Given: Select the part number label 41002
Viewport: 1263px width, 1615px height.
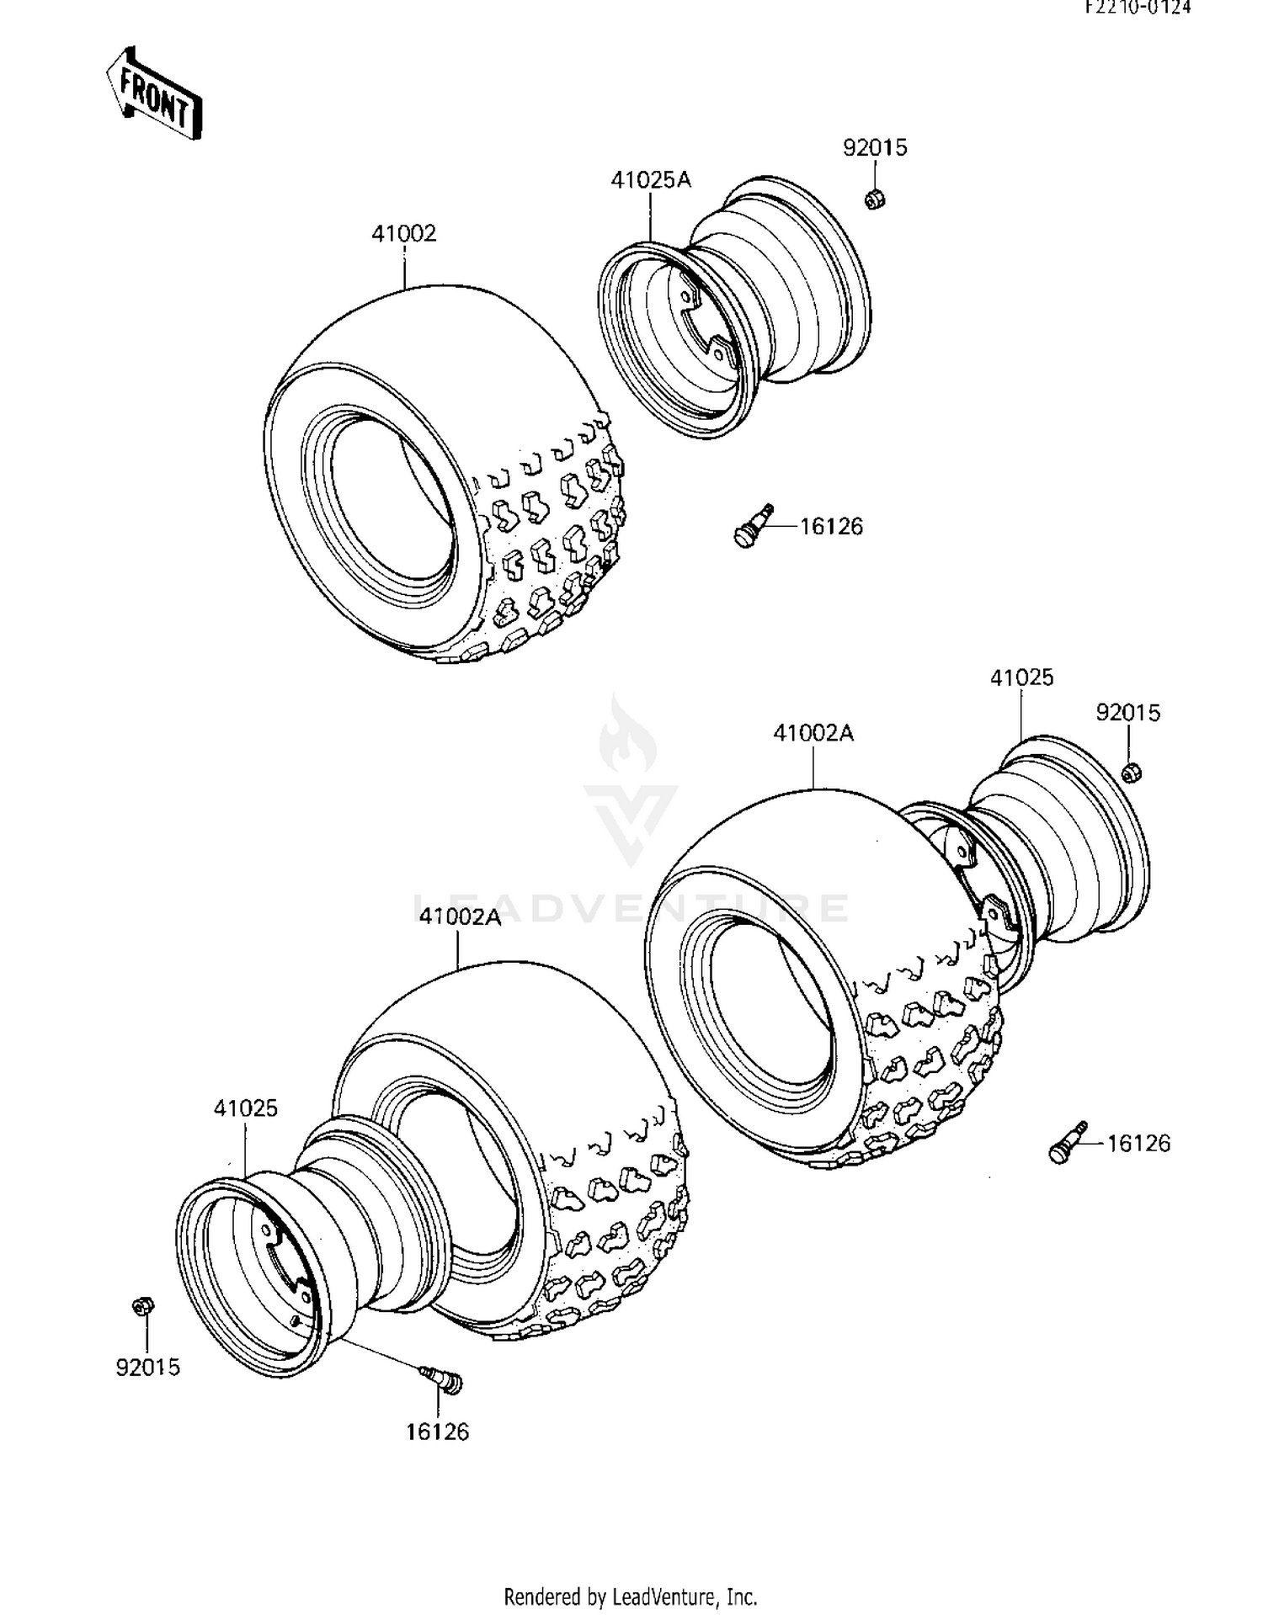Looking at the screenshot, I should coord(404,233).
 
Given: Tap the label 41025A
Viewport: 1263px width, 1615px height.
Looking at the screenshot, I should coord(651,179).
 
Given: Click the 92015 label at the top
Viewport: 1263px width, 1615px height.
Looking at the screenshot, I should coord(875,148).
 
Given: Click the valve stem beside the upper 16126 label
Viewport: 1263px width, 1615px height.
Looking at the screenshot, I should coord(754,526).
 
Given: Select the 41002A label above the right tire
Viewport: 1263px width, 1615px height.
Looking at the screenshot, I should coord(813,733).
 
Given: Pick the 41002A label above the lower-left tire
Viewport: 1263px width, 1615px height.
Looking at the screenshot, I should coord(460,916).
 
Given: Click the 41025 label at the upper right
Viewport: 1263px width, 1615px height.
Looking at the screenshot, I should coord(1021,677).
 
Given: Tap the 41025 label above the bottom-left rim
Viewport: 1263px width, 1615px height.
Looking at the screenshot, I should coord(245,1108).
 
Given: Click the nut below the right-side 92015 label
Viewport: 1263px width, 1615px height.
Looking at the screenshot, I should coord(1132,771).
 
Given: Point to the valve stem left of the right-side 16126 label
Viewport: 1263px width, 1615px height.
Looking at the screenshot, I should coord(1068,1143).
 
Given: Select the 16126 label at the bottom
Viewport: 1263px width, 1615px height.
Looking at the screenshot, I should coord(438,1432).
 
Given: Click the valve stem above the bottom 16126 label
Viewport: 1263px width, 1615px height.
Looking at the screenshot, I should coord(441,1379).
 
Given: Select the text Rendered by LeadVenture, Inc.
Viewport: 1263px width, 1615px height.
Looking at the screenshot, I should coord(630,1596).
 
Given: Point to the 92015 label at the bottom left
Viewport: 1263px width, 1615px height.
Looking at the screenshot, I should coord(148,1367).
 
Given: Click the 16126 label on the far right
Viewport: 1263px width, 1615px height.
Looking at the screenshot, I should coord(1138,1143).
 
